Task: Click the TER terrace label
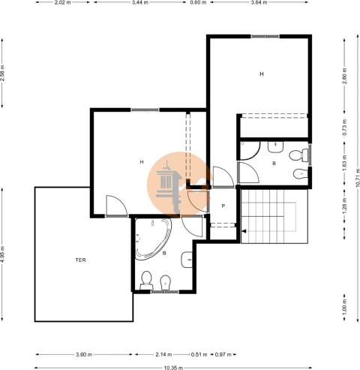(x=80, y=260)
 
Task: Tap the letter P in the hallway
(x=223, y=206)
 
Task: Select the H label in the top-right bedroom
(x=262, y=74)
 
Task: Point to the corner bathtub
(x=153, y=239)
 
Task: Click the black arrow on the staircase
(x=244, y=231)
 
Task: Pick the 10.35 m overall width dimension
(x=173, y=368)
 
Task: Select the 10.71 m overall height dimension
(x=358, y=177)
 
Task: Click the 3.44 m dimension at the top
(x=139, y=2)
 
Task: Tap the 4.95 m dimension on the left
(x=2, y=254)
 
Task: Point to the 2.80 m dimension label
(x=344, y=76)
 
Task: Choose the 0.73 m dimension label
(x=344, y=128)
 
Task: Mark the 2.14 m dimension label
(x=163, y=354)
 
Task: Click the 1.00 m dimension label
(x=344, y=308)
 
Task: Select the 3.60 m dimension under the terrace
(x=84, y=354)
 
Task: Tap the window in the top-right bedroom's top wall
(x=265, y=37)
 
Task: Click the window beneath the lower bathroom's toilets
(x=165, y=292)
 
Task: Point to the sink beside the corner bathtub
(x=187, y=260)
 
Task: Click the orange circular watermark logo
(x=179, y=184)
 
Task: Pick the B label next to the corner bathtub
(x=164, y=254)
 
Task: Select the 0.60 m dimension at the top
(x=198, y=2)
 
